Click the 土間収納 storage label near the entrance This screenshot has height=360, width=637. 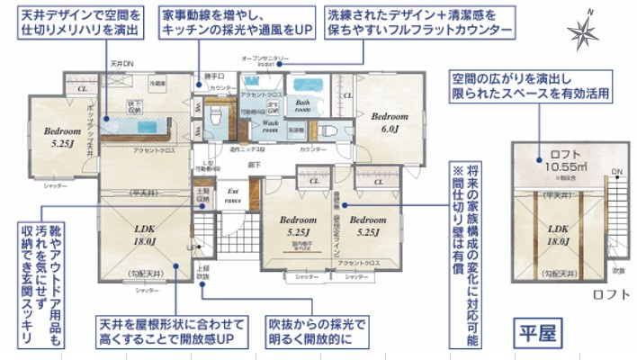pyautogui.click(x=202, y=196)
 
